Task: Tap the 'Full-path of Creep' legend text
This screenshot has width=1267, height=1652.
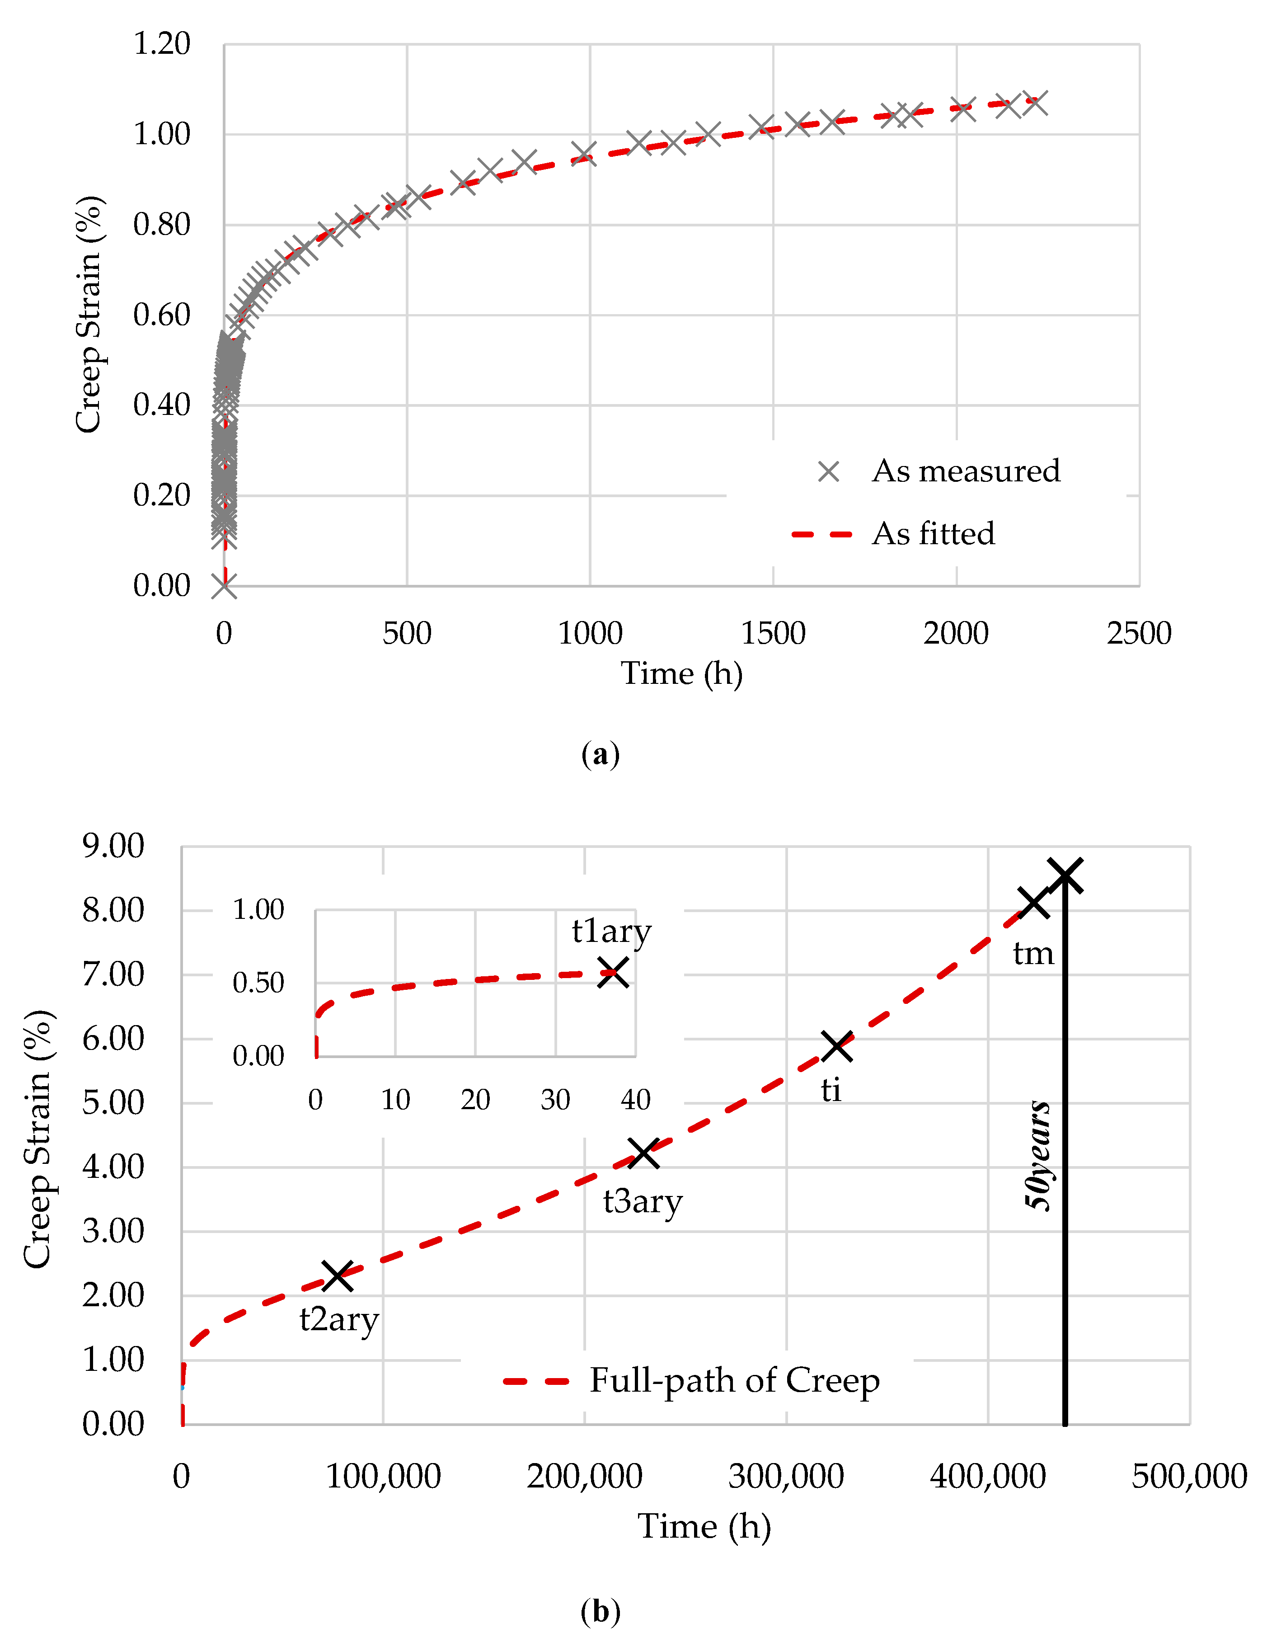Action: [734, 1380]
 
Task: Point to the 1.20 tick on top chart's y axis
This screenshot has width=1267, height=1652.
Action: [161, 44]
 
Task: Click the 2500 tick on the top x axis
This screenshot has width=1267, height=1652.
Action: [1138, 633]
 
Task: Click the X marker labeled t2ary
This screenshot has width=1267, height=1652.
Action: [338, 1275]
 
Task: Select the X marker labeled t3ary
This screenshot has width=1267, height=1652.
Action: [644, 1153]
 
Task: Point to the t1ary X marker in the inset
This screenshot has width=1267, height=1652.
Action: [613, 972]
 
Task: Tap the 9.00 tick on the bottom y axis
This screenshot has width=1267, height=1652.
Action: [113, 847]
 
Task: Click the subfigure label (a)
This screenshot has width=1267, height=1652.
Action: [601, 754]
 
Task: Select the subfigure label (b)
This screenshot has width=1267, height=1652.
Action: [601, 1611]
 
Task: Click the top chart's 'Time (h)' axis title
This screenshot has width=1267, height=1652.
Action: [681, 673]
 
